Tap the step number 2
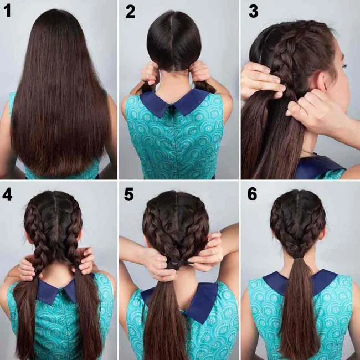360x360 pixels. pyautogui.click(x=130, y=12)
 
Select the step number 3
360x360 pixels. pyautogui.click(x=253, y=12)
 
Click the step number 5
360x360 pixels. pyautogui.click(x=130, y=194)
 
